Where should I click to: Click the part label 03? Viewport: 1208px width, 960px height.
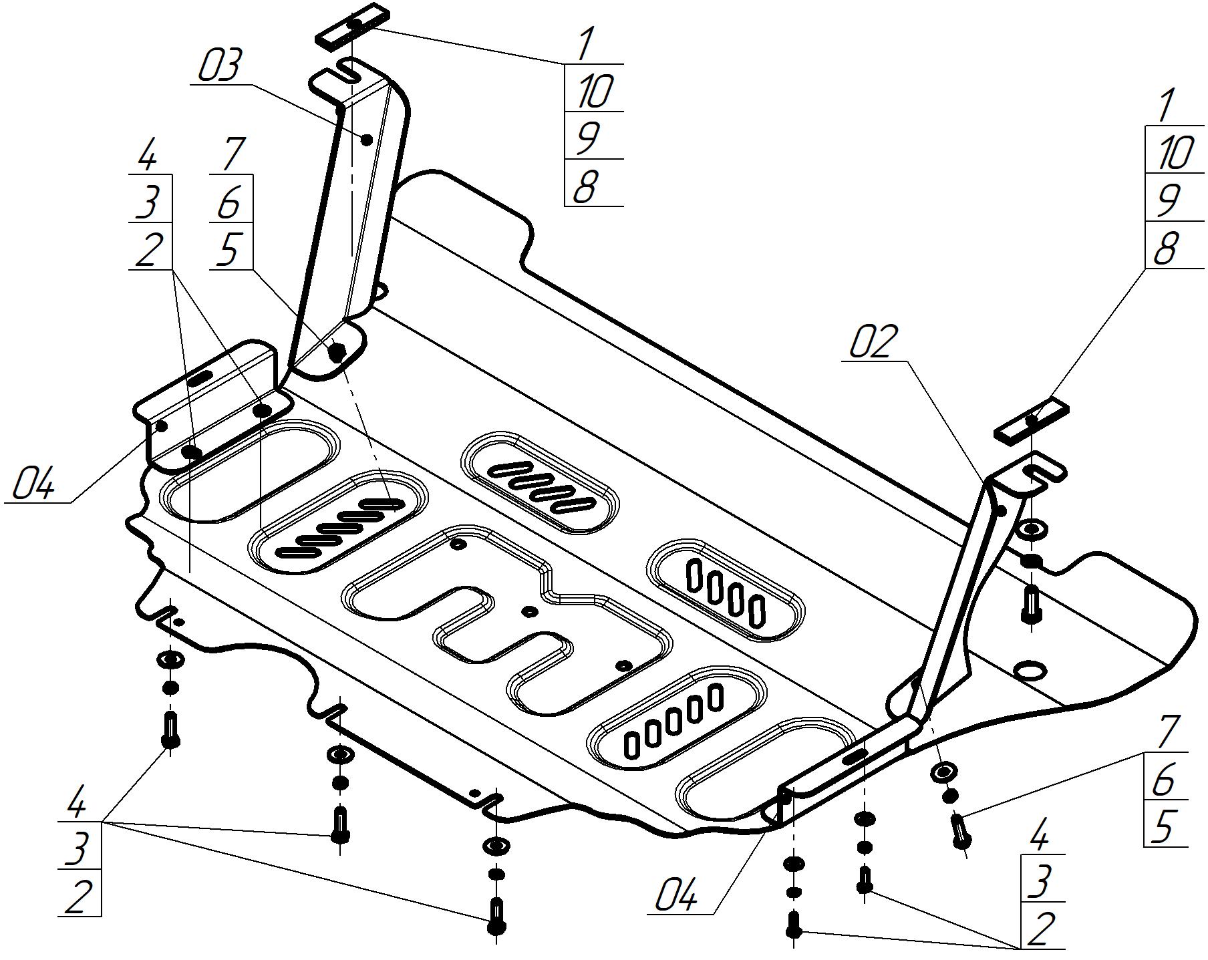[218, 66]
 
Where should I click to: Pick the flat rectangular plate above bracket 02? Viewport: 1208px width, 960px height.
[1032, 420]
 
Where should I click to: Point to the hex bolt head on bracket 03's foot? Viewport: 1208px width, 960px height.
[338, 351]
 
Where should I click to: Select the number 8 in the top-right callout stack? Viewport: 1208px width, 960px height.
[1166, 249]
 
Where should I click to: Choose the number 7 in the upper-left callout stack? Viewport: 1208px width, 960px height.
[231, 154]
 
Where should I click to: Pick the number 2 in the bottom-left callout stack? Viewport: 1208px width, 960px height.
[78, 895]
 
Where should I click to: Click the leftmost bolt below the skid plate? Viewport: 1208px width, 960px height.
[170, 730]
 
